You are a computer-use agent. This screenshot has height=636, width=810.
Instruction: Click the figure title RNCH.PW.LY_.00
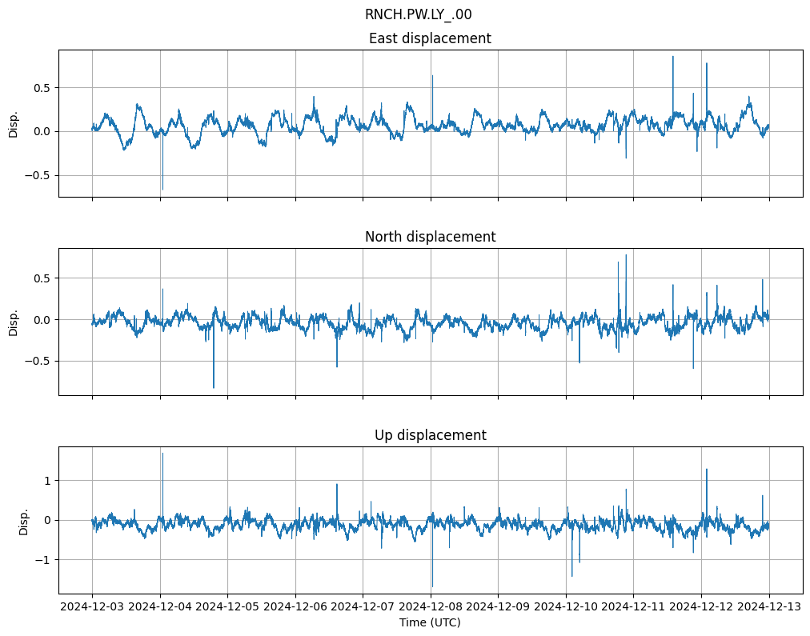point(423,14)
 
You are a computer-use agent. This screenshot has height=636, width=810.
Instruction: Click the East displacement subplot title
point(430,38)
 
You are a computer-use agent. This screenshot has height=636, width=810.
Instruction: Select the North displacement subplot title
point(430,237)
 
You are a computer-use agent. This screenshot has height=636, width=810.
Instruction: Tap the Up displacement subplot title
point(430,435)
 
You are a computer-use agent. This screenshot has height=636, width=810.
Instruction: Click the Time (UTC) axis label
point(430,622)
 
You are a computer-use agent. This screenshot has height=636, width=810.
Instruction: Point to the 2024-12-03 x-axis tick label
point(92,607)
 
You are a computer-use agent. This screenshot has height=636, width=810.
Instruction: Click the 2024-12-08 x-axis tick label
point(431,607)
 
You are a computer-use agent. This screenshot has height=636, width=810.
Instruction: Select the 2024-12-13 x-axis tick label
point(769,607)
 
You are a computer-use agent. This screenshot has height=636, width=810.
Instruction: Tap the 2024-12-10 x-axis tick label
point(566,607)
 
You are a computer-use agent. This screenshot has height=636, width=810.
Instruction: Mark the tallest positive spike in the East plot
point(673,57)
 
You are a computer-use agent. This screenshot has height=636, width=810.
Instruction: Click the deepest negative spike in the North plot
point(214,387)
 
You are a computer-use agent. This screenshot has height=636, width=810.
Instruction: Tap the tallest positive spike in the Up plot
point(162,454)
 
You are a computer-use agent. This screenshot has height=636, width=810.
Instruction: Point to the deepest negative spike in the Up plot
point(432,586)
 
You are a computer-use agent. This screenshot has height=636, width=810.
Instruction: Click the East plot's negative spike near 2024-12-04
point(162,189)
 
